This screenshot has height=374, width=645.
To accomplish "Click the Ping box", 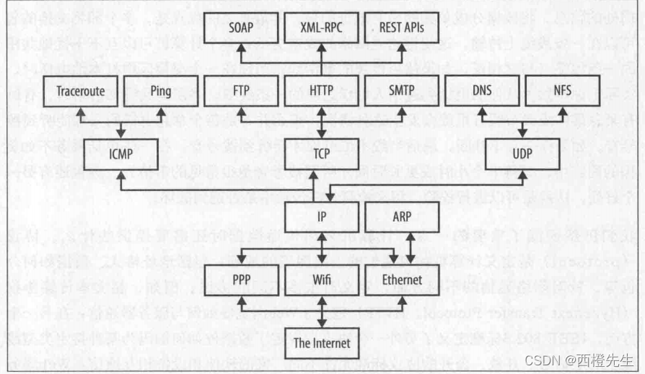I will point(162,92).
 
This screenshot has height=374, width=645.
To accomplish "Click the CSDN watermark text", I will point(579,359).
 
